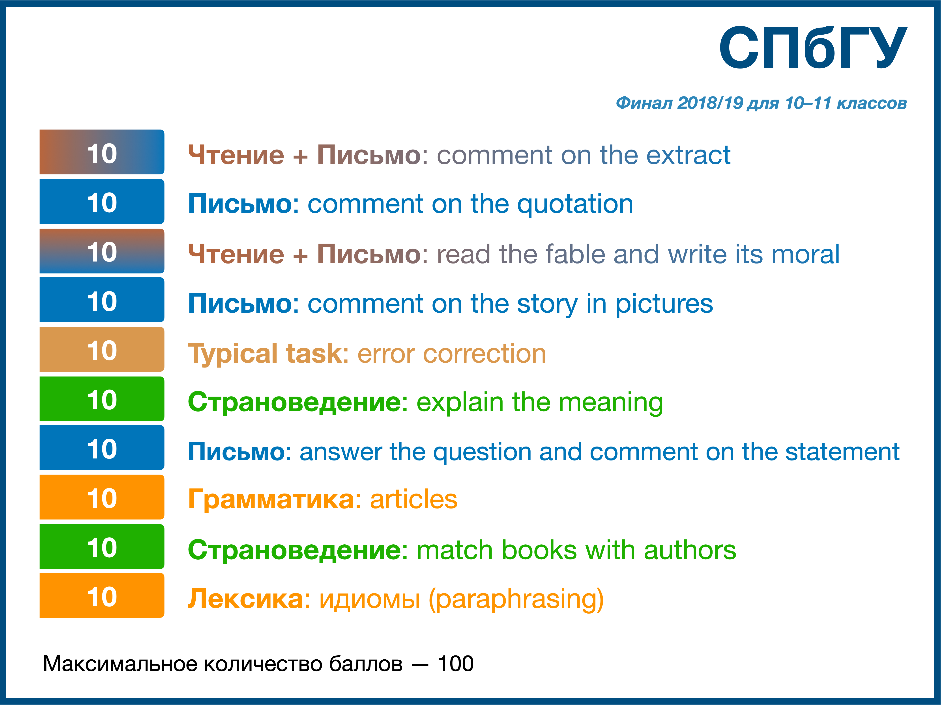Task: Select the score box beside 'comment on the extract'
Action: (102, 152)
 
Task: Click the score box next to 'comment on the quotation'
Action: (102, 201)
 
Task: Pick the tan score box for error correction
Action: (102, 349)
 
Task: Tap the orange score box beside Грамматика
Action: (102, 497)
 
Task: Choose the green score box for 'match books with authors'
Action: (102, 547)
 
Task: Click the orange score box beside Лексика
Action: (102, 595)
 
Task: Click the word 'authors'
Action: (690, 550)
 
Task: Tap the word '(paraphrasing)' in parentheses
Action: (516, 600)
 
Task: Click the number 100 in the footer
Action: (456, 664)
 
